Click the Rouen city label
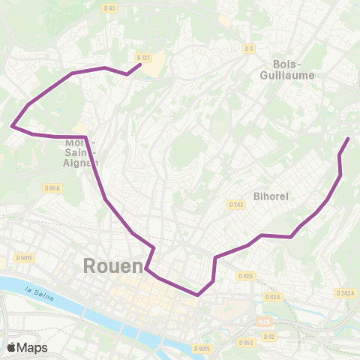point(112,266)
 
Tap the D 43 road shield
point(110,8)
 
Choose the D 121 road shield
point(145,58)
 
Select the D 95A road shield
point(52,188)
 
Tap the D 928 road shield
point(245,275)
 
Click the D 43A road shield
point(272,297)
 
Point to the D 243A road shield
point(345,293)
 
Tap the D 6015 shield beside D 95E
point(202,348)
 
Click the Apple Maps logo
point(27,347)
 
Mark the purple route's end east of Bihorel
point(348,139)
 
